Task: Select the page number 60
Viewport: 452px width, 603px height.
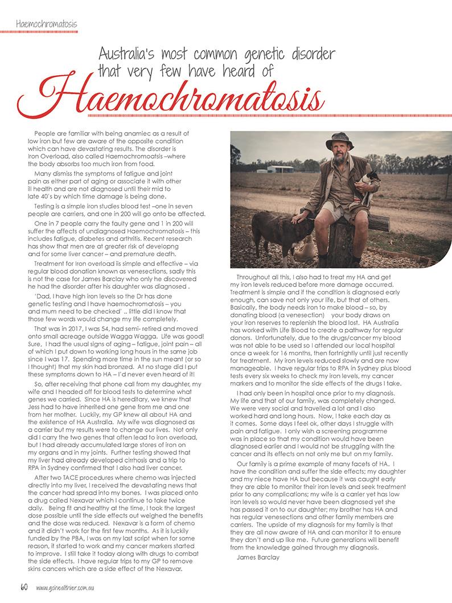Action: [24, 587]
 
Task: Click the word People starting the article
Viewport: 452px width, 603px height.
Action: [45, 133]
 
